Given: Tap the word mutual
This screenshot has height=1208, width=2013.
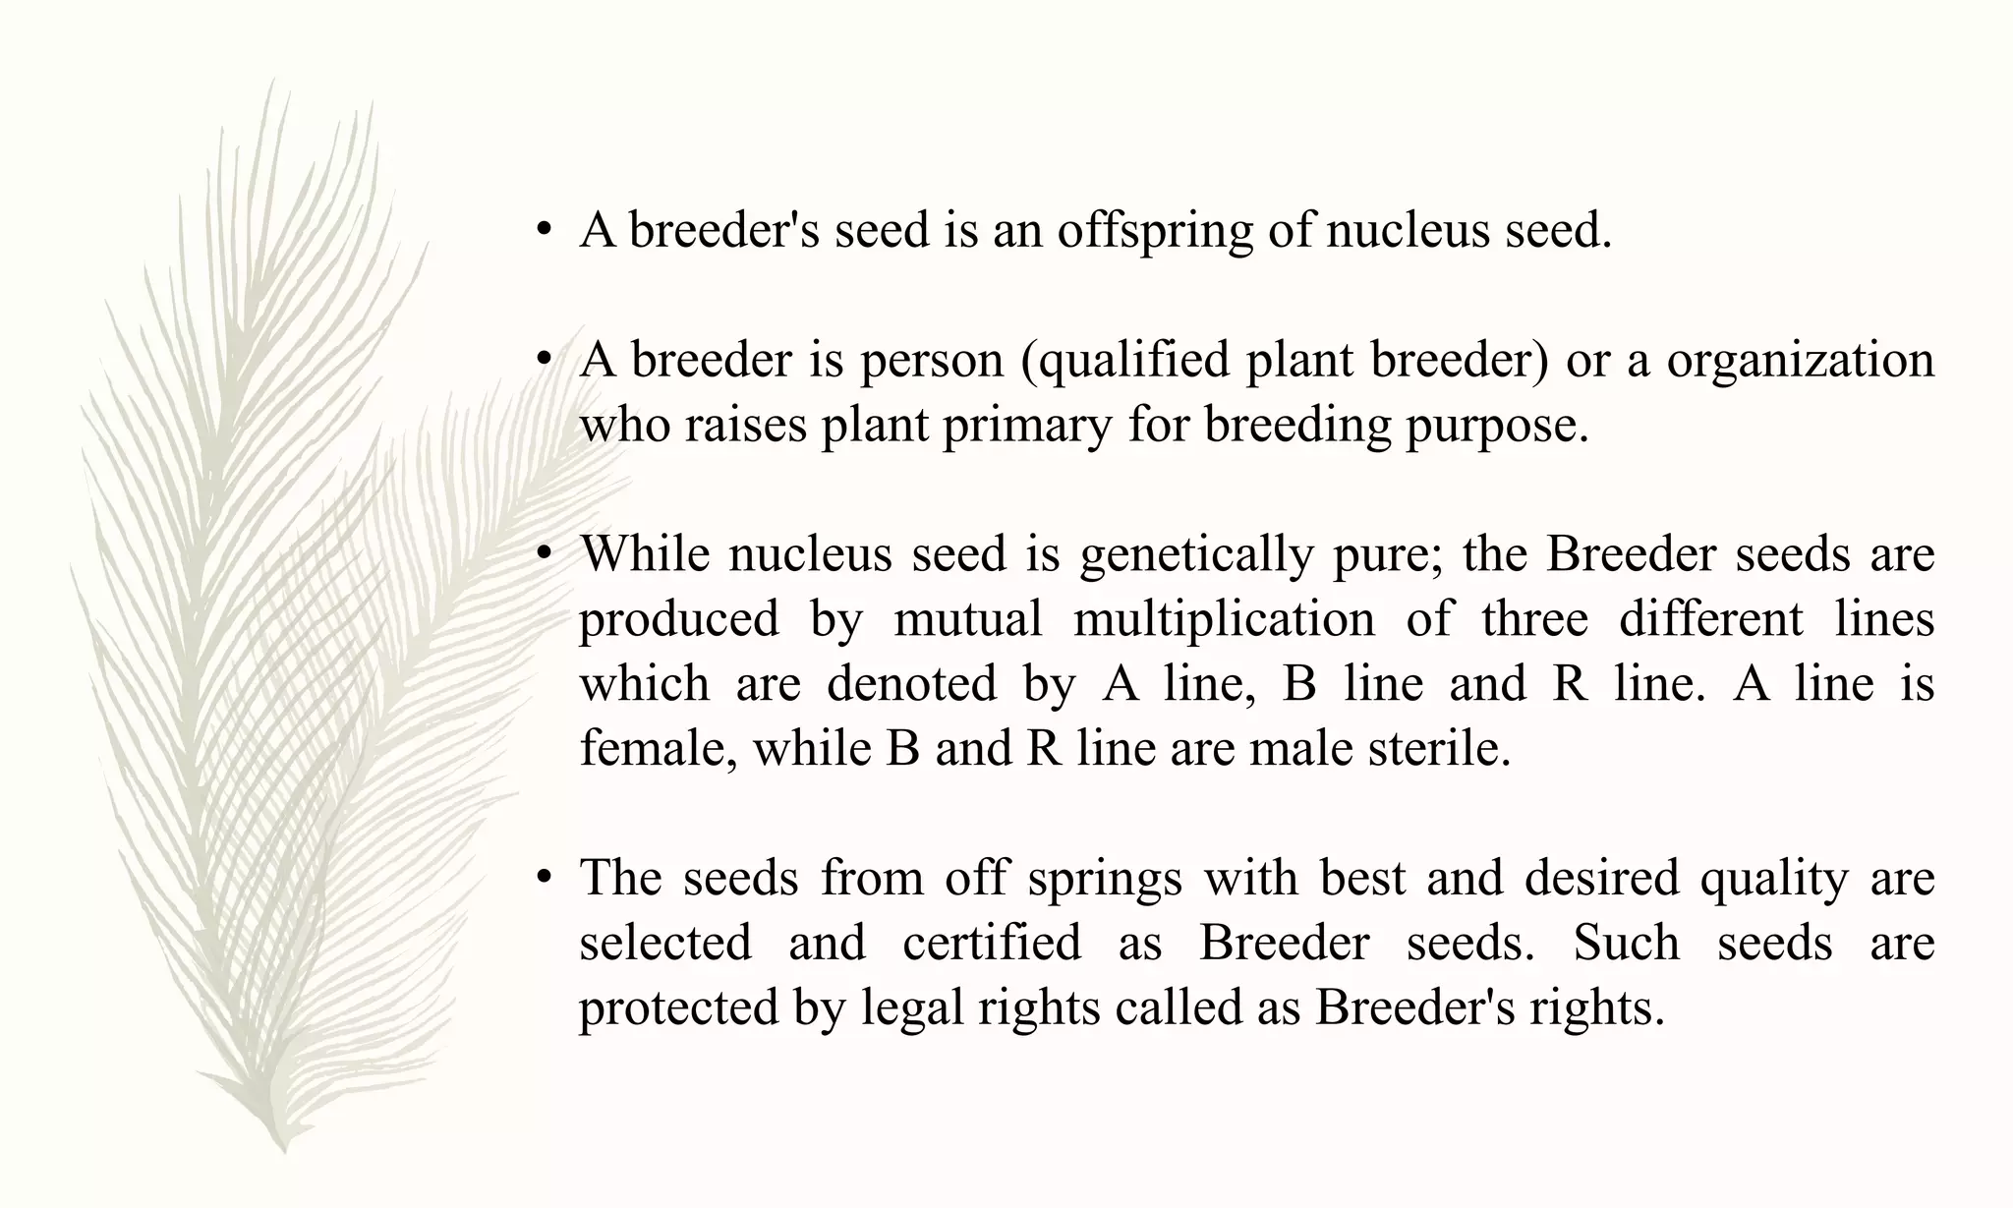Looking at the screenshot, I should tap(967, 619).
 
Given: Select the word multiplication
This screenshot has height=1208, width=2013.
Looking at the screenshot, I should tap(1224, 619).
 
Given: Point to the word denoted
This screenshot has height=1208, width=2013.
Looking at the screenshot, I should tap(911, 684).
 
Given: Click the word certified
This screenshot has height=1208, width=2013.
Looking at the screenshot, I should tap(992, 943).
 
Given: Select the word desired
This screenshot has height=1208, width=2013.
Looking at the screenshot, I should tap(1601, 878).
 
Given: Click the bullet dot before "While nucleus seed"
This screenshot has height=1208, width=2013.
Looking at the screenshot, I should tap(543, 555).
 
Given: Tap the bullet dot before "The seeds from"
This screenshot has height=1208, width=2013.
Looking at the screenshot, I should tap(543, 879).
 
